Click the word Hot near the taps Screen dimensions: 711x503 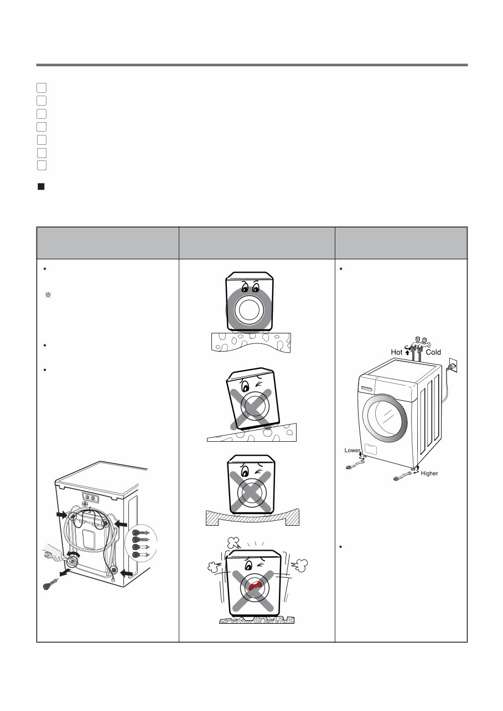397,352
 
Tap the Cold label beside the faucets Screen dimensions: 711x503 433,352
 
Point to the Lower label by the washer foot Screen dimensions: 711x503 352,451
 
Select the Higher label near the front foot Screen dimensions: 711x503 429,473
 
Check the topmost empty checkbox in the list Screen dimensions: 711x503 42,87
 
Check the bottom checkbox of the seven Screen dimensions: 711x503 42,165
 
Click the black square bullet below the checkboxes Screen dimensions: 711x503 40,187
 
